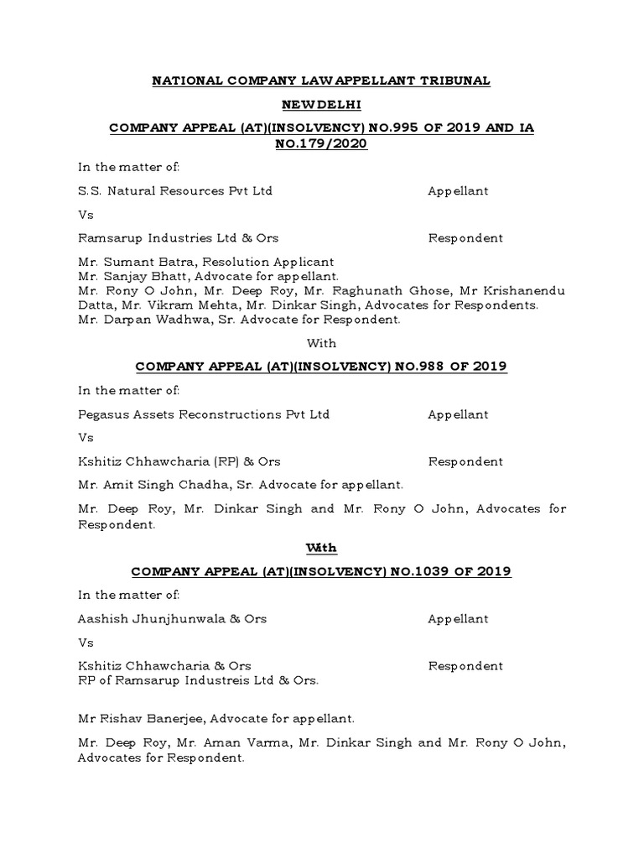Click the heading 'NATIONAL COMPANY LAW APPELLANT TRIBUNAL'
coord(320,81)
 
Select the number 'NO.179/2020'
coord(321,143)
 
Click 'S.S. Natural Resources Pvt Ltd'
coord(174,190)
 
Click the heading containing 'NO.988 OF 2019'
coord(321,367)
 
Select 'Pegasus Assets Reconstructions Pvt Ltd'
coord(203,414)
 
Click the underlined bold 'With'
coord(321,548)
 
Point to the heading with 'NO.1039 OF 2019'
coord(321,571)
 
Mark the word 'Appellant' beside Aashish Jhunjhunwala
coord(458,619)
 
